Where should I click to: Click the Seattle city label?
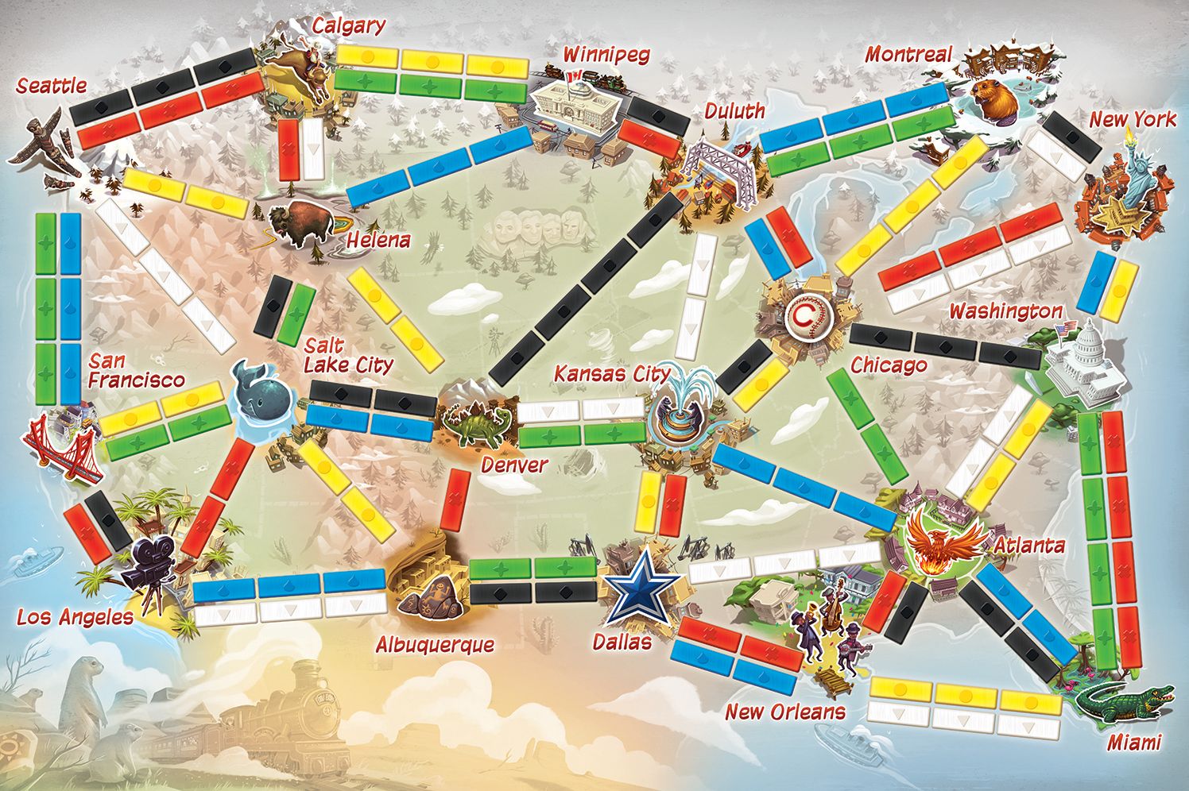(52, 85)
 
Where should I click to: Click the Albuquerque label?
(435, 644)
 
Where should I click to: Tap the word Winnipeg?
(606, 54)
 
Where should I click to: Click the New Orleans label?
(784, 711)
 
